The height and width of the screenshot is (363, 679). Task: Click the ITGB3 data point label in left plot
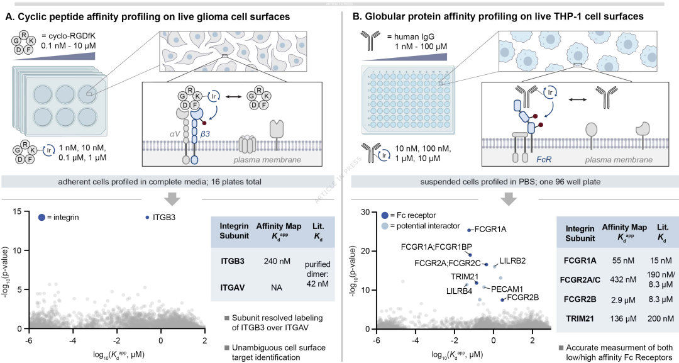(163, 218)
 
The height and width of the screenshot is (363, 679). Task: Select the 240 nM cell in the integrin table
(276, 261)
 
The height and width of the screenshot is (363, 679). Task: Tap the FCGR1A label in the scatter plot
(490, 230)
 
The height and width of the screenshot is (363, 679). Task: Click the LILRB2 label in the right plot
(513, 261)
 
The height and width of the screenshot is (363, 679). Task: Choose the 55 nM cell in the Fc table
(623, 260)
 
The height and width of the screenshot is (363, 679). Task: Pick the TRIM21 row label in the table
(580, 319)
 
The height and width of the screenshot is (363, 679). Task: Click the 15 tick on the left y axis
(17, 211)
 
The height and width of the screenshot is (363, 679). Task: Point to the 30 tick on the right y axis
(366, 211)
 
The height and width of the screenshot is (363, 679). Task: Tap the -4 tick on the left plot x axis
(73, 340)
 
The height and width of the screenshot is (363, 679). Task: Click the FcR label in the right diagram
(543, 159)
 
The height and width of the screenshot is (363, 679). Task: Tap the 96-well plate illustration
(407, 99)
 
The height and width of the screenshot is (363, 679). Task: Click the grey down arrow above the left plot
(172, 198)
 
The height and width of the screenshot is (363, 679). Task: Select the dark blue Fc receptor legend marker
(385, 215)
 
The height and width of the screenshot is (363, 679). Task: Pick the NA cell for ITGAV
(276, 288)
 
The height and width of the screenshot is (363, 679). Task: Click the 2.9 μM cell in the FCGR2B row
(623, 299)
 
